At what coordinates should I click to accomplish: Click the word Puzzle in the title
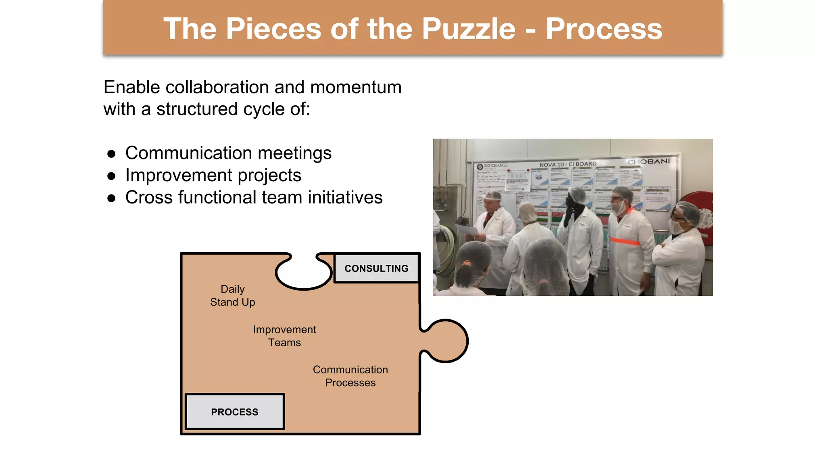coord(468,29)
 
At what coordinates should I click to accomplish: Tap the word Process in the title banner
coord(603,29)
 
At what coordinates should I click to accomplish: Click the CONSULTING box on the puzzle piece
coord(376,268)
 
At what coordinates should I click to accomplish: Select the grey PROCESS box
coord(235,412)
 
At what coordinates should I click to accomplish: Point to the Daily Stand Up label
coord(233,295)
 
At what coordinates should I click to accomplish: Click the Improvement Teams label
coord(284,336)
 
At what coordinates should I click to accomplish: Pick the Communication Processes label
coord(350,376)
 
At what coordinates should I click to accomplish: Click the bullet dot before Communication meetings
coord(111,154)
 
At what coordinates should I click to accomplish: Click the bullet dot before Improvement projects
coord(111,176)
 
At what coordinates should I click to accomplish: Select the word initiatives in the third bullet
coord(345,197)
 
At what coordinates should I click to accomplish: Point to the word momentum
coord(356,87)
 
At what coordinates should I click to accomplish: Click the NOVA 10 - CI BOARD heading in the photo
coord(567,164)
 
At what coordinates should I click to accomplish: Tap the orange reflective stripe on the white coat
coord(625,241)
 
